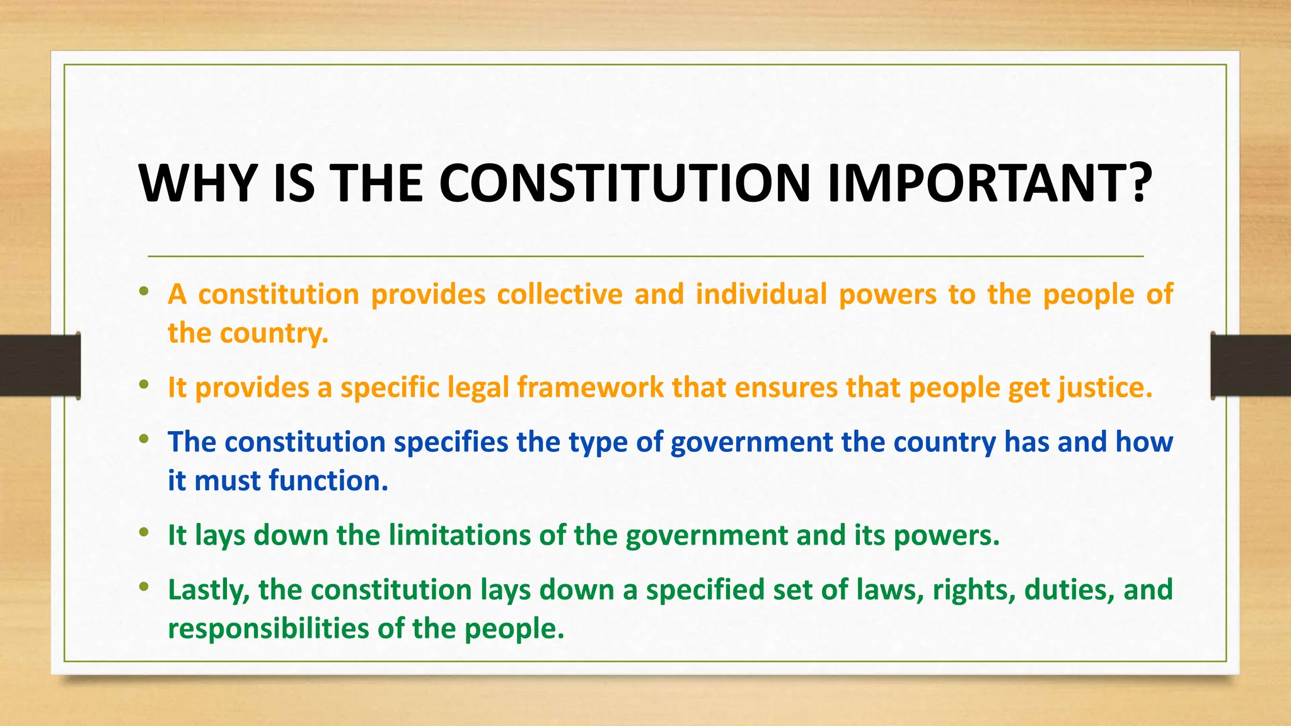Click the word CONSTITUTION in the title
pyautogui.click(x=624, y=183)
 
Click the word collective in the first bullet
pyautogui.click(x=560, y=294)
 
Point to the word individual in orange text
pyautogui.click(x=761, y=294)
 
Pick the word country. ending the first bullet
pyautogui.click(x=274, y=333)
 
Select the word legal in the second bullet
pyautogui.click(x=478, y=388)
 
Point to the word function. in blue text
pyautogui.click(x=328, y=481)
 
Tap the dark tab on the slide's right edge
pyautogui.click(x=1251, y=366)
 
